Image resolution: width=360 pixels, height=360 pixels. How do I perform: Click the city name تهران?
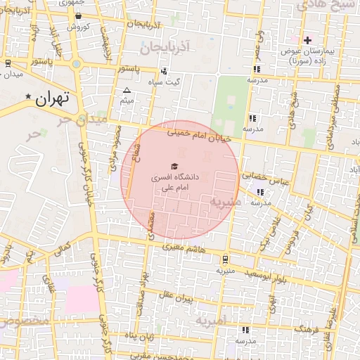[x=53, y=98]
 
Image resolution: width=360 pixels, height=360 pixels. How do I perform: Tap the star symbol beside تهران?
[x=28, y=96]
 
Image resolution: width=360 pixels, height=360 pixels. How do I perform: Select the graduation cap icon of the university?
[x=174, y=165]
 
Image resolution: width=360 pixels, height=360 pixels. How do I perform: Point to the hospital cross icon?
[x=307, y=39]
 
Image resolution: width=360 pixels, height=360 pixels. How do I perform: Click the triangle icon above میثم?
[x=127, y=91]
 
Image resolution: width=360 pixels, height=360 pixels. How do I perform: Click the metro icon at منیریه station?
[x=224, y=258]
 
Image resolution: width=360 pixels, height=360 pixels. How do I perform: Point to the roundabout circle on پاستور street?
[x=76, y=64]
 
